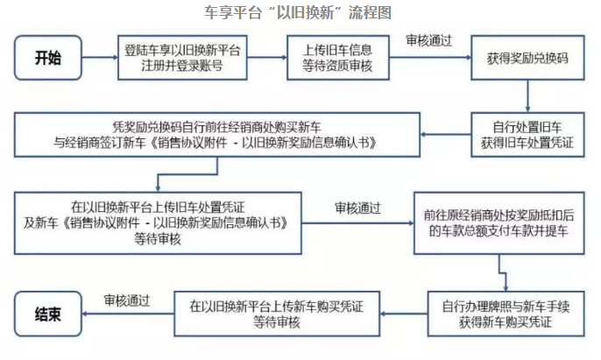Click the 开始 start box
tap(49, 59)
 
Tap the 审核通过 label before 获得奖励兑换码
tap(428, 40)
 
